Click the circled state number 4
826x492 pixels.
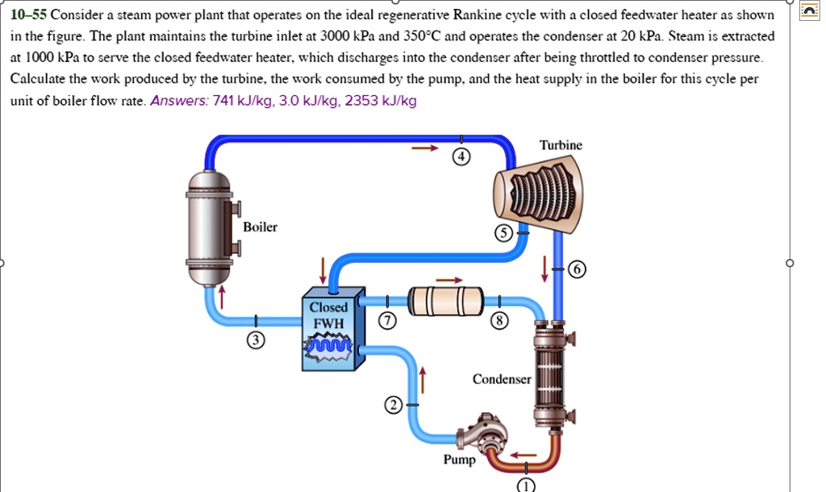pos(460,158)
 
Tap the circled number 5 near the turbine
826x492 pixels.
pos(503,233)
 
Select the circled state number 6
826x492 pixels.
pos(576,269)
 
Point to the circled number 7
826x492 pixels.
pos(387,321)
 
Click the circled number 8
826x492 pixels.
pos(500,321)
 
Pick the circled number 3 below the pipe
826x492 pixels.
pos(255,341)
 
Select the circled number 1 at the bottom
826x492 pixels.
pos(525,485)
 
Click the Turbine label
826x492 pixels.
pos(561,145)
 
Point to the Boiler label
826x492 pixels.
pos(260,227)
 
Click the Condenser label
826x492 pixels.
pos(502,379)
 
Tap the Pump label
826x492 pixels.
pos(459,461)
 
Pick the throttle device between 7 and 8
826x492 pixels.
pos(445,301)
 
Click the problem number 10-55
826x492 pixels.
pos(29,15)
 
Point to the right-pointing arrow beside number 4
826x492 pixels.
pos(425,148)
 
